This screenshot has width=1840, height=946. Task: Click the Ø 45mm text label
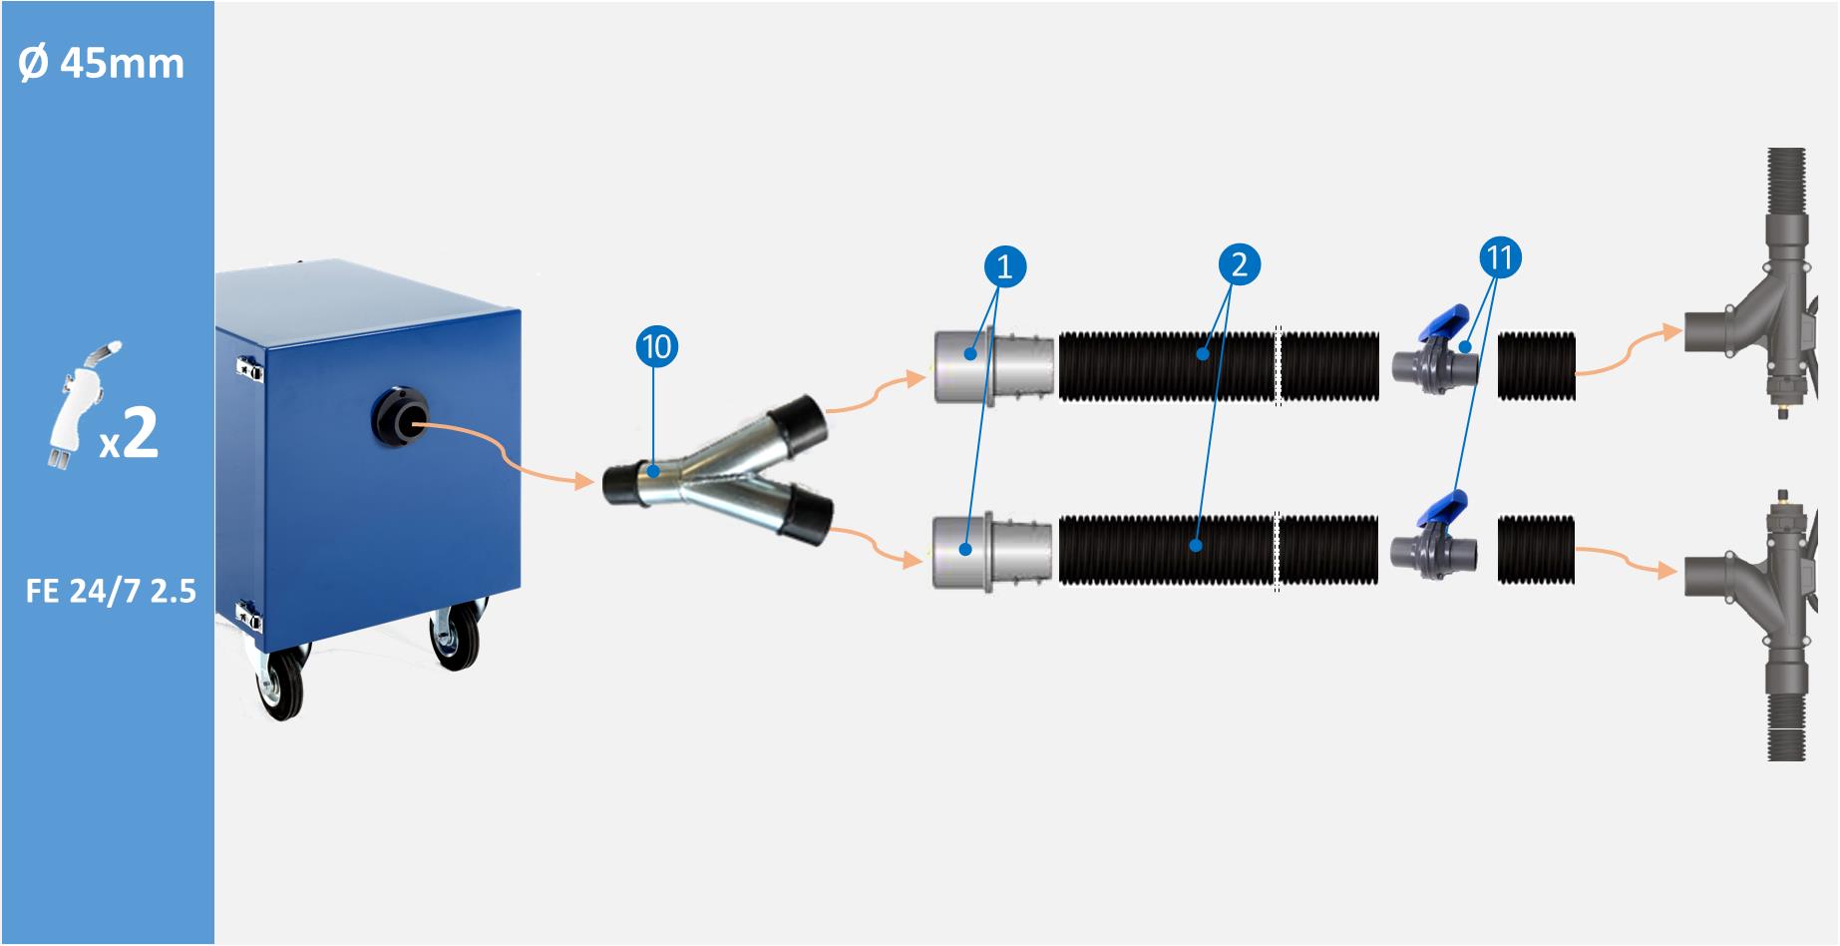click(102, 64)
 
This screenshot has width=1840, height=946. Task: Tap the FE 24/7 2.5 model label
click(111, 592)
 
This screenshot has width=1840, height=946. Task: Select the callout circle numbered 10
click(656, 347)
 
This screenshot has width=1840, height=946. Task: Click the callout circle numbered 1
click(1004, 266)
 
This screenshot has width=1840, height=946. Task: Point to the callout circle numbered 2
click(1240, 264)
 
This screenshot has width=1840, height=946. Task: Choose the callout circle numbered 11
click(1500, 258)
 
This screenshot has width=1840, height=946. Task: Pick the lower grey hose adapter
click(991, 551)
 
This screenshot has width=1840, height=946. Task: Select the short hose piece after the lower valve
click(1537, 550)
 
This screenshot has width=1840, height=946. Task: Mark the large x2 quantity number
click(141, 433)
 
